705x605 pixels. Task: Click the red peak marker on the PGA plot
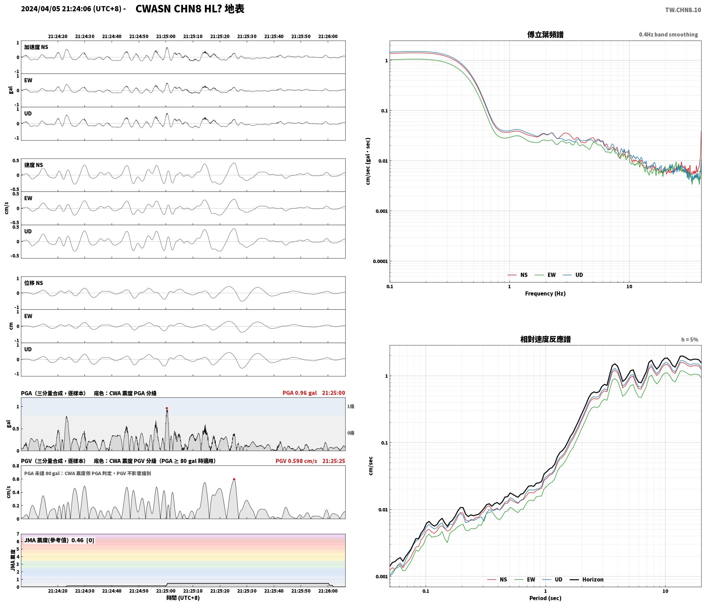click(167, 408)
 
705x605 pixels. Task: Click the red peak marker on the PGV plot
click(234, 479)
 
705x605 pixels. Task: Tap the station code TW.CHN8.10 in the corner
click(683, 10)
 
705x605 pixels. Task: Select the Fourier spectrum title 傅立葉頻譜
click(545, 35)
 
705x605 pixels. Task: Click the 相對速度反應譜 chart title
click(545, 339)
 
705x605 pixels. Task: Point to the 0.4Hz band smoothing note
click(668, 35)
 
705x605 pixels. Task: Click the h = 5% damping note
click(690, 340)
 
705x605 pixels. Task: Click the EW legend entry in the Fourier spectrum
click(545, 275)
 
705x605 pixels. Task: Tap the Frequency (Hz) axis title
click(545, 294)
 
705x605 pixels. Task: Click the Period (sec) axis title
click(545, 598)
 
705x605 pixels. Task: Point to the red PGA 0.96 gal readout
click(300, 393)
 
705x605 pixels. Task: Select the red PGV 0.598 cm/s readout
click(296, 461)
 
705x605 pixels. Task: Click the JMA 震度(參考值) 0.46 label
click(54, 540)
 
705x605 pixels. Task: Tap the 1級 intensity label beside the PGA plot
click(350, 407)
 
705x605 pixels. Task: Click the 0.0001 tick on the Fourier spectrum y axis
click(380, 261)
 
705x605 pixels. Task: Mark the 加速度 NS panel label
click(36, 47)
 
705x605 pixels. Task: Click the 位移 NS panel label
click(34, 283)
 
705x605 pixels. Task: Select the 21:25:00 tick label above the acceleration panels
click(166, 36)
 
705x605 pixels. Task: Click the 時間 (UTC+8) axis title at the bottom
click(183, 598)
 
